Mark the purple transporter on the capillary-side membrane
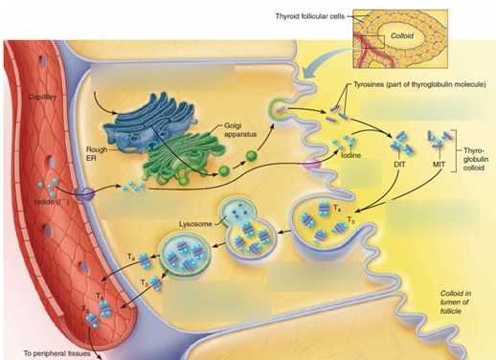[86, 194]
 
